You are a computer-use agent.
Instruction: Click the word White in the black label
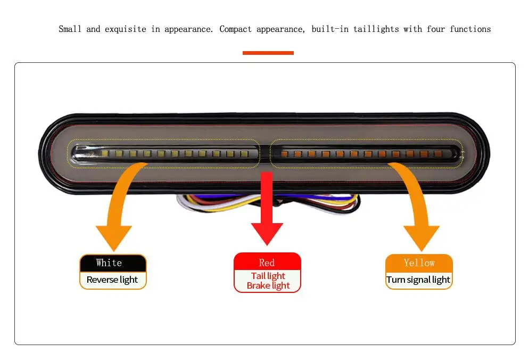click(109, 263)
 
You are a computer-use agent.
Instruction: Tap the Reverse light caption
click(112, 280)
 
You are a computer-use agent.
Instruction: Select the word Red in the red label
click(267, 263)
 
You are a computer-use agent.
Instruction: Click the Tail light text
click(268, 276)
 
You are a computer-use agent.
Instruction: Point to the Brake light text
click(268, 285)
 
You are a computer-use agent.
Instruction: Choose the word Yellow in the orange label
click(419, 263)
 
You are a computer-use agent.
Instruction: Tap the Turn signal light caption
click(418, 280)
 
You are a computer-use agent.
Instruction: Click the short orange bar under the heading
click(268, 53)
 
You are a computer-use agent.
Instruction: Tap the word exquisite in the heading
click(125, 29)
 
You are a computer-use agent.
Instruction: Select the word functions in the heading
click(470, 29)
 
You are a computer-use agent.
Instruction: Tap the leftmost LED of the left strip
click(106, 153)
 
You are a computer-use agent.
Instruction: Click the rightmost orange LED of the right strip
click(438, 154)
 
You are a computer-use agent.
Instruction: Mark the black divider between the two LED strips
click(264, 153)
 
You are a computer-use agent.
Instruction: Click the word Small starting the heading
click(70, 29)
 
